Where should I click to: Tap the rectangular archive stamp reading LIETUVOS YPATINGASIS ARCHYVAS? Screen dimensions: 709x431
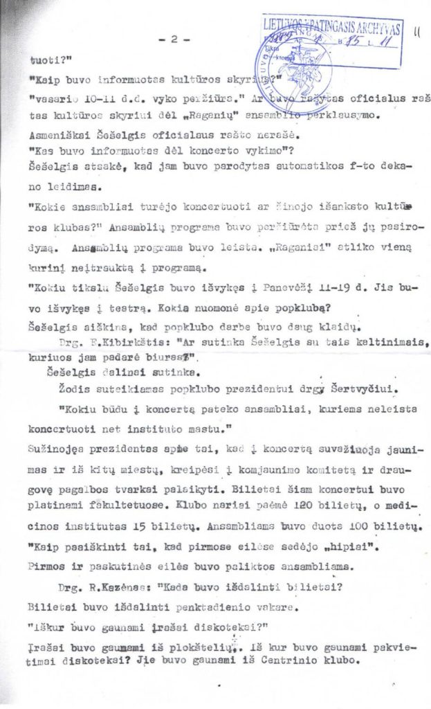pos(332,40)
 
